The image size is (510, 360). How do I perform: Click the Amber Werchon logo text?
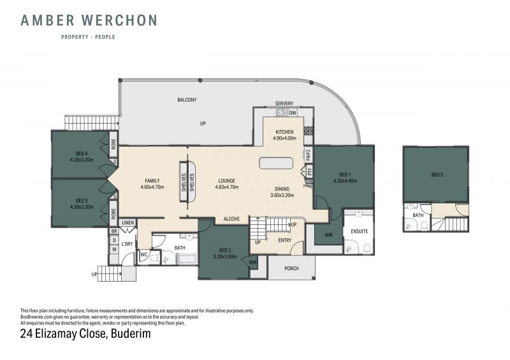click(89, 20)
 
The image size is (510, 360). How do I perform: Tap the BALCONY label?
click(187, 100)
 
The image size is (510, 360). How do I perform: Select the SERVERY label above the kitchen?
click(284, 103)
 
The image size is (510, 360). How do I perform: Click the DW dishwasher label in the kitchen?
click(293, 113)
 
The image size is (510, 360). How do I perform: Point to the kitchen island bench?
click(276, 163)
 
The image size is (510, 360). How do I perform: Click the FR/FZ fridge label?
click(309, 155)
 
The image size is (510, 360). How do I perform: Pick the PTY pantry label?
click(309, 171)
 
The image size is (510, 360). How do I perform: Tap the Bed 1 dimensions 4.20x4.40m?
click(345, 181)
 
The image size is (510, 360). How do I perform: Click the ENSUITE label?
click(359, 231)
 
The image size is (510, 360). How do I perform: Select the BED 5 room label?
click(437, 175)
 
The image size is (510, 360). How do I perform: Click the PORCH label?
click(291, 268)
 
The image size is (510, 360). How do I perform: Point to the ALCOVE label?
click(231, 219)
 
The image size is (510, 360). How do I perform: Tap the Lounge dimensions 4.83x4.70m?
click(227, 187)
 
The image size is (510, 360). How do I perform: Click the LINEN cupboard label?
click(128, 223)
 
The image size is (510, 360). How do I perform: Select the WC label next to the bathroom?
click(144, 255)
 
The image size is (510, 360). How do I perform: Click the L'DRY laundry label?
click(127, 244)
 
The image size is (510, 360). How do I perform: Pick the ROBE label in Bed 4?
click(113, 143)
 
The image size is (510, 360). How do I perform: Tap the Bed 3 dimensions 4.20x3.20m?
click(82, 207)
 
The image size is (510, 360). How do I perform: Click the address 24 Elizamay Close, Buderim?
click(85, 334)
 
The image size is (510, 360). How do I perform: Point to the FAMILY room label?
click(152, 181)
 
